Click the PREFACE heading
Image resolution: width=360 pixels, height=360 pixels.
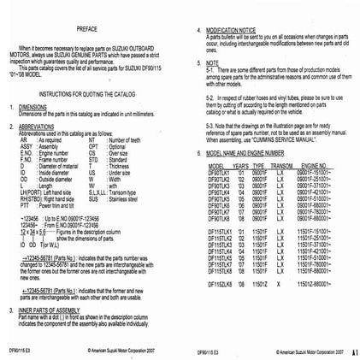click(x=92, y=27)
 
